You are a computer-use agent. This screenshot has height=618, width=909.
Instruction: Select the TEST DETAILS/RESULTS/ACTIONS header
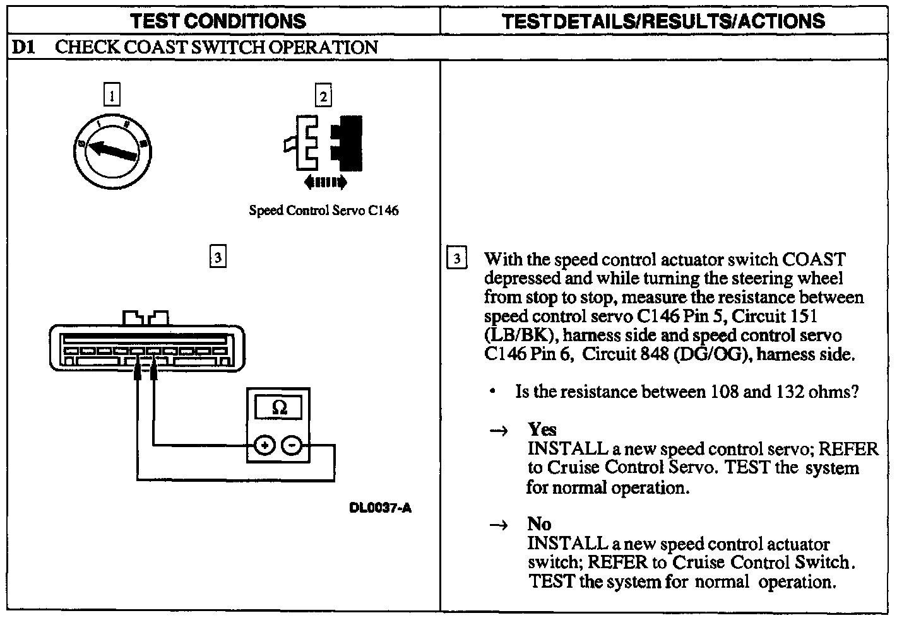(x=663, y=21)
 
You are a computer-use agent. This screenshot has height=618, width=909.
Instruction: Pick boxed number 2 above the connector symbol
(x=323, y=96)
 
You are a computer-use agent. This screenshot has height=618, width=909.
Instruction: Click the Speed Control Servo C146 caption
(x=324, y=211)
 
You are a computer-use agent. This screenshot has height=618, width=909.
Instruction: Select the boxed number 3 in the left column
(x=217, y=257)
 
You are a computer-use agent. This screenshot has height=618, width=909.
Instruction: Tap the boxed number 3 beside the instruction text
(x=457, y=259)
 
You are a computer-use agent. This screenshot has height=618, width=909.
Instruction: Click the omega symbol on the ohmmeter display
(x=278, y=408)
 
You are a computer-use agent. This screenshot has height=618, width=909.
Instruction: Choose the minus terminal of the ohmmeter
(x=291, y=446)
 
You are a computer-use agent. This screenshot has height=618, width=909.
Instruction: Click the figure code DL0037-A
(x=380, y=508)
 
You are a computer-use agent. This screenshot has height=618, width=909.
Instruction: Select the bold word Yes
(x=542, y=430)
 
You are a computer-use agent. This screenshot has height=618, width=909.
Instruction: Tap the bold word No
(x=539, y=525)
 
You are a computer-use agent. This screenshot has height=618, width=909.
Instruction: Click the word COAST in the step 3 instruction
(x=814, y=260)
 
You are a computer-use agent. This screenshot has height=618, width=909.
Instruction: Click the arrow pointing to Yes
(x=499, y=431)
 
